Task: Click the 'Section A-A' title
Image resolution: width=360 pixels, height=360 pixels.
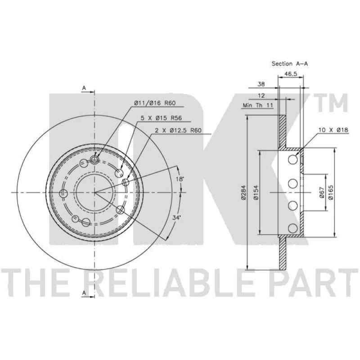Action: point(289,63)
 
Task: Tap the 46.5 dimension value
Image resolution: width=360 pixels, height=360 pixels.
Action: point(291,74)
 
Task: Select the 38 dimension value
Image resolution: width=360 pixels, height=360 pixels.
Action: point(261,84)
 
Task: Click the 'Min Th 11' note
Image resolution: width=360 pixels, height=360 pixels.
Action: point(258,105)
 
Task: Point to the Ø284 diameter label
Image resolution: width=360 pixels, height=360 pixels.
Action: point(243,193)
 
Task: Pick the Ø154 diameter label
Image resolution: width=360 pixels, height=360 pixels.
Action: point(256,193)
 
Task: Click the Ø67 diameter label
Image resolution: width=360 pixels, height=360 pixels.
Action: point(321,193)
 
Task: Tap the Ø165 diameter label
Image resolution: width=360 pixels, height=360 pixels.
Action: point(331,193)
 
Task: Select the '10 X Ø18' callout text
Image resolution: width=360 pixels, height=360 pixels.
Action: point(333,130)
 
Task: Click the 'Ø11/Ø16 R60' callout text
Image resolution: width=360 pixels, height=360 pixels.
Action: point(155,103)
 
